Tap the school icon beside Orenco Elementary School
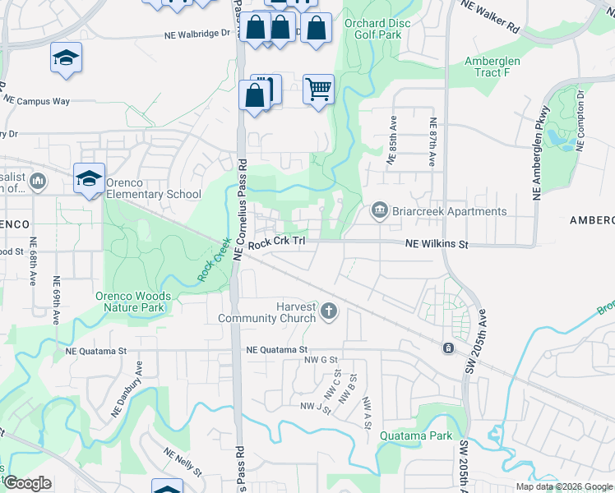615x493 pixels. tap(89, 178)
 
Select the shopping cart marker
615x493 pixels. tap(318, 88)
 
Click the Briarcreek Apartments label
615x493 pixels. tap(450, 211)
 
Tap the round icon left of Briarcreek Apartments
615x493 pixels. tap(379, 211)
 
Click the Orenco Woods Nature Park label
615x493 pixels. tap(133, 302)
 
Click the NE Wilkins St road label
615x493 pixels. tap(437, 244)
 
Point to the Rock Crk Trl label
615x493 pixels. tap(277, 243)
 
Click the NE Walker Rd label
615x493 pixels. tap(491, 16)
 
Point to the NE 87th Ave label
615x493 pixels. tap(432, 141)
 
